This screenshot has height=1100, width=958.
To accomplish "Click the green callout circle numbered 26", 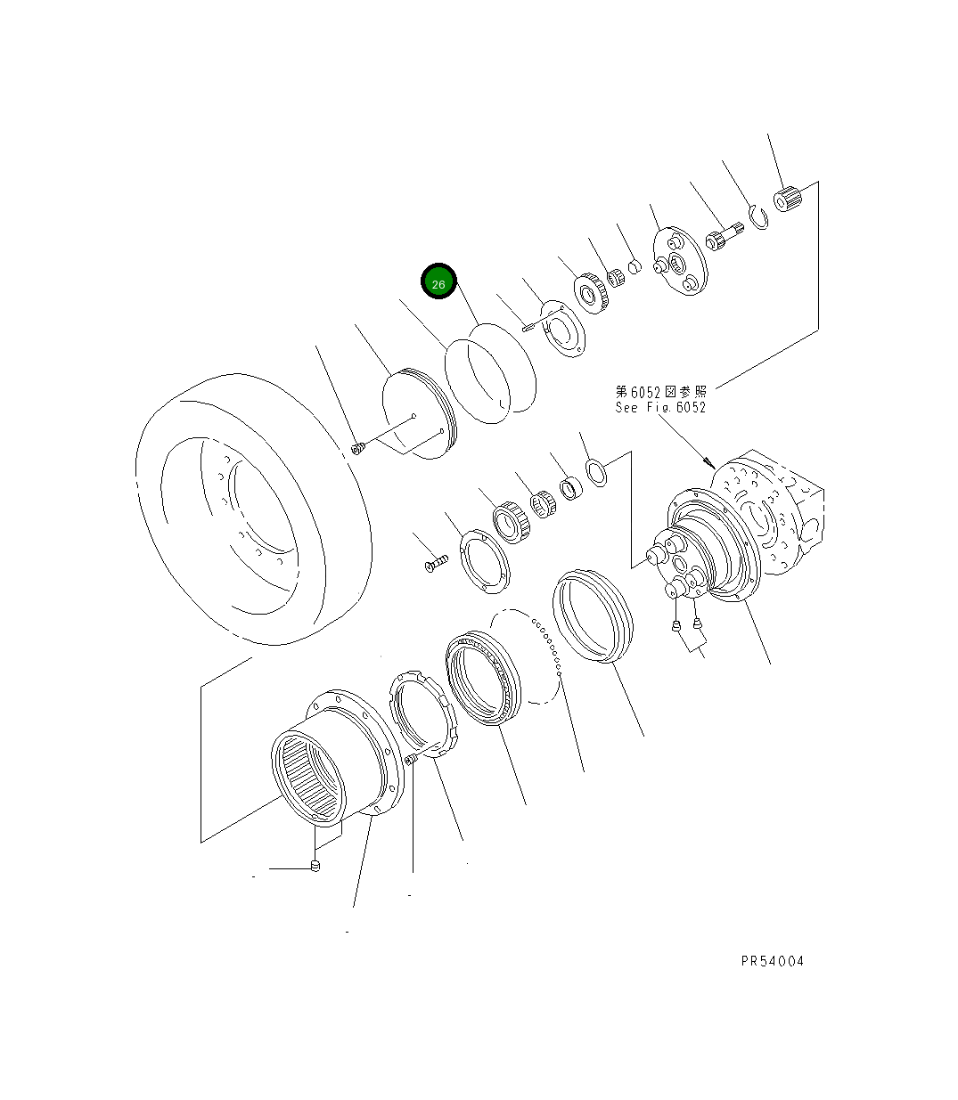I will tap(438, 283).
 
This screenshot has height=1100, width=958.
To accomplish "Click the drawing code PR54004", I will tap(772, 961).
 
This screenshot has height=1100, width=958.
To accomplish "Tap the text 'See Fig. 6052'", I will tap(659, 408).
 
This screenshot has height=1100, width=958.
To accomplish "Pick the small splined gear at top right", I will tap(787, 199).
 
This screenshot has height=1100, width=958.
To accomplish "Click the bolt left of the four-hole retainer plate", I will tap(434, 564).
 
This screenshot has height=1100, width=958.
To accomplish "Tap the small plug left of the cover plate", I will tap(357, 448).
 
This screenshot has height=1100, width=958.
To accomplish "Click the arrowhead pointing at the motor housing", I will tap(708, 463).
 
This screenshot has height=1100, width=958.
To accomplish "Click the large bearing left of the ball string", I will tap(481, 677).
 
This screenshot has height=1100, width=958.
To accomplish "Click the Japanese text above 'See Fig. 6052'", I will tap(659, 391).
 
